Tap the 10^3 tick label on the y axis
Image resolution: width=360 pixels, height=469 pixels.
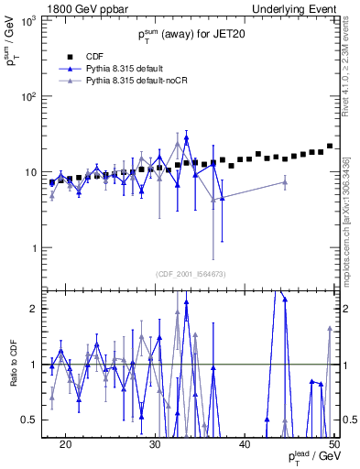tap(29, 19)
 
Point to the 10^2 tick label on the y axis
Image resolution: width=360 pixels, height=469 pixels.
tap(29, 96)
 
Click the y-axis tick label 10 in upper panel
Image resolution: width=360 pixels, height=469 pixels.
tap(31, 172)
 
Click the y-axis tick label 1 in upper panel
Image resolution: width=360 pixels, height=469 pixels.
tap(35, 248)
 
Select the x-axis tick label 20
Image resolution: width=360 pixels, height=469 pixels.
tap(65, 443)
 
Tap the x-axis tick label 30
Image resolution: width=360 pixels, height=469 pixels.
tap(155, 443)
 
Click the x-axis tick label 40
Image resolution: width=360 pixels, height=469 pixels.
tap(245, 443)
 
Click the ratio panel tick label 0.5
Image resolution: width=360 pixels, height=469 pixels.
tap(33, 420)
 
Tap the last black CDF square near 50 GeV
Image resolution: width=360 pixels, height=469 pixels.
tap(330, 146)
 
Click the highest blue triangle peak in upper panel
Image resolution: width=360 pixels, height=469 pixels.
tap(186, 138)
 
